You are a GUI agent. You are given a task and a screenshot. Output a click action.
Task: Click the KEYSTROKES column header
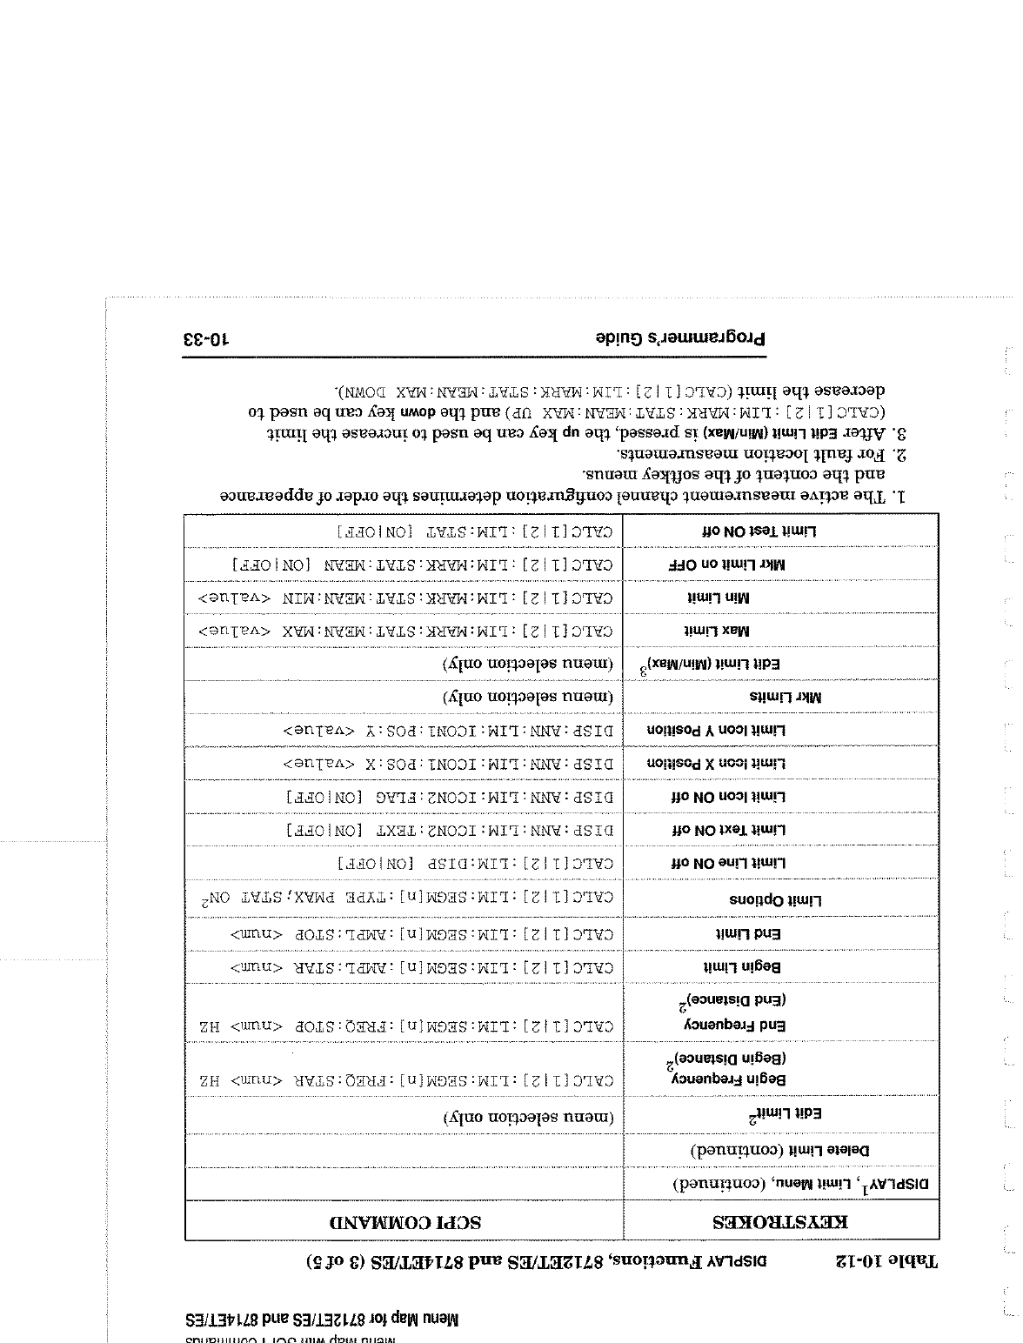point(781,1221)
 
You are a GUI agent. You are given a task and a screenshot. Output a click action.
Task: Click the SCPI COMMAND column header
point(405,1221)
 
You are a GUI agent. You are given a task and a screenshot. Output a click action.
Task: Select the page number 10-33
point(205,339)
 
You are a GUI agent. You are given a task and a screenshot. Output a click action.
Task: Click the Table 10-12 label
point(887,1259)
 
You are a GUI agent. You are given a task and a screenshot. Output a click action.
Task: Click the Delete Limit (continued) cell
point(780,1150)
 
